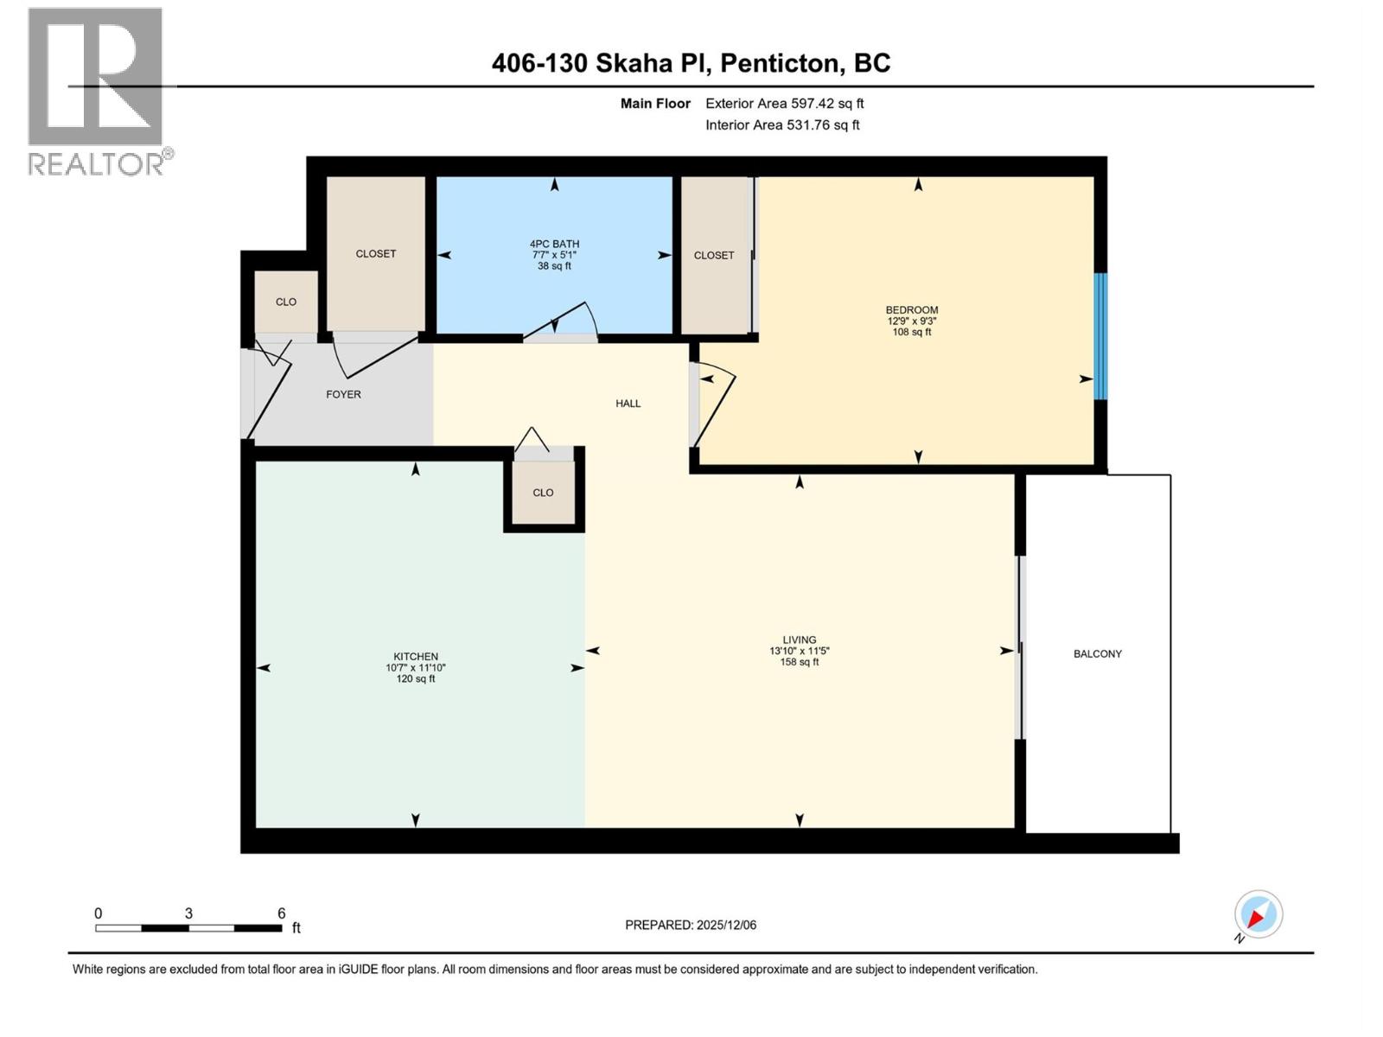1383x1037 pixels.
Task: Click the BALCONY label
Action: click(x=1097, y=654)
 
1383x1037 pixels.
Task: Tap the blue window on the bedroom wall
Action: click(x=1100, y=336)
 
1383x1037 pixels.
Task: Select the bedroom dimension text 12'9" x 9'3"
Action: click(x=911, y=321)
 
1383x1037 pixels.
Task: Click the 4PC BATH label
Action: click(x=554, y=245)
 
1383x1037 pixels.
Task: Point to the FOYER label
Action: click(x=343, y=394)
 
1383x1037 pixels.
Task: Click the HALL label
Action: click(x=628, y=404)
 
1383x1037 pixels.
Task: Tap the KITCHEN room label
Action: click(x=415, y=657)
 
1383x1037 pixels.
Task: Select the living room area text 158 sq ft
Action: click(x=799, y=662)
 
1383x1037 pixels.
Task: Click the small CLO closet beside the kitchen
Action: click(x=543, y=493)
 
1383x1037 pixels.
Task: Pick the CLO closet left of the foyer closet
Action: click(x=286, y=302)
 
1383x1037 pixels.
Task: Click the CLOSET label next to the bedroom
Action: click(x=713, y=255)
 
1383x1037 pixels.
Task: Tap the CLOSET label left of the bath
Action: click(x=375, y=253)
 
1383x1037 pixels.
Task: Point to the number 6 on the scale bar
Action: click(x=281, y=913)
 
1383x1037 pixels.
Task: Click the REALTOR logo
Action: click(x=96, y=91)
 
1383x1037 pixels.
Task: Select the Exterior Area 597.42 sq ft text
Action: click(x=784, y=104)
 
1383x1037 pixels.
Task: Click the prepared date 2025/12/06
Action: click(x=725, y=925)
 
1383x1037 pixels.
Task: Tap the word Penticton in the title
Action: click(x=780, y=63)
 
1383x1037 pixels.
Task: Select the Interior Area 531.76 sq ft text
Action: click(x=781, y=125)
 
